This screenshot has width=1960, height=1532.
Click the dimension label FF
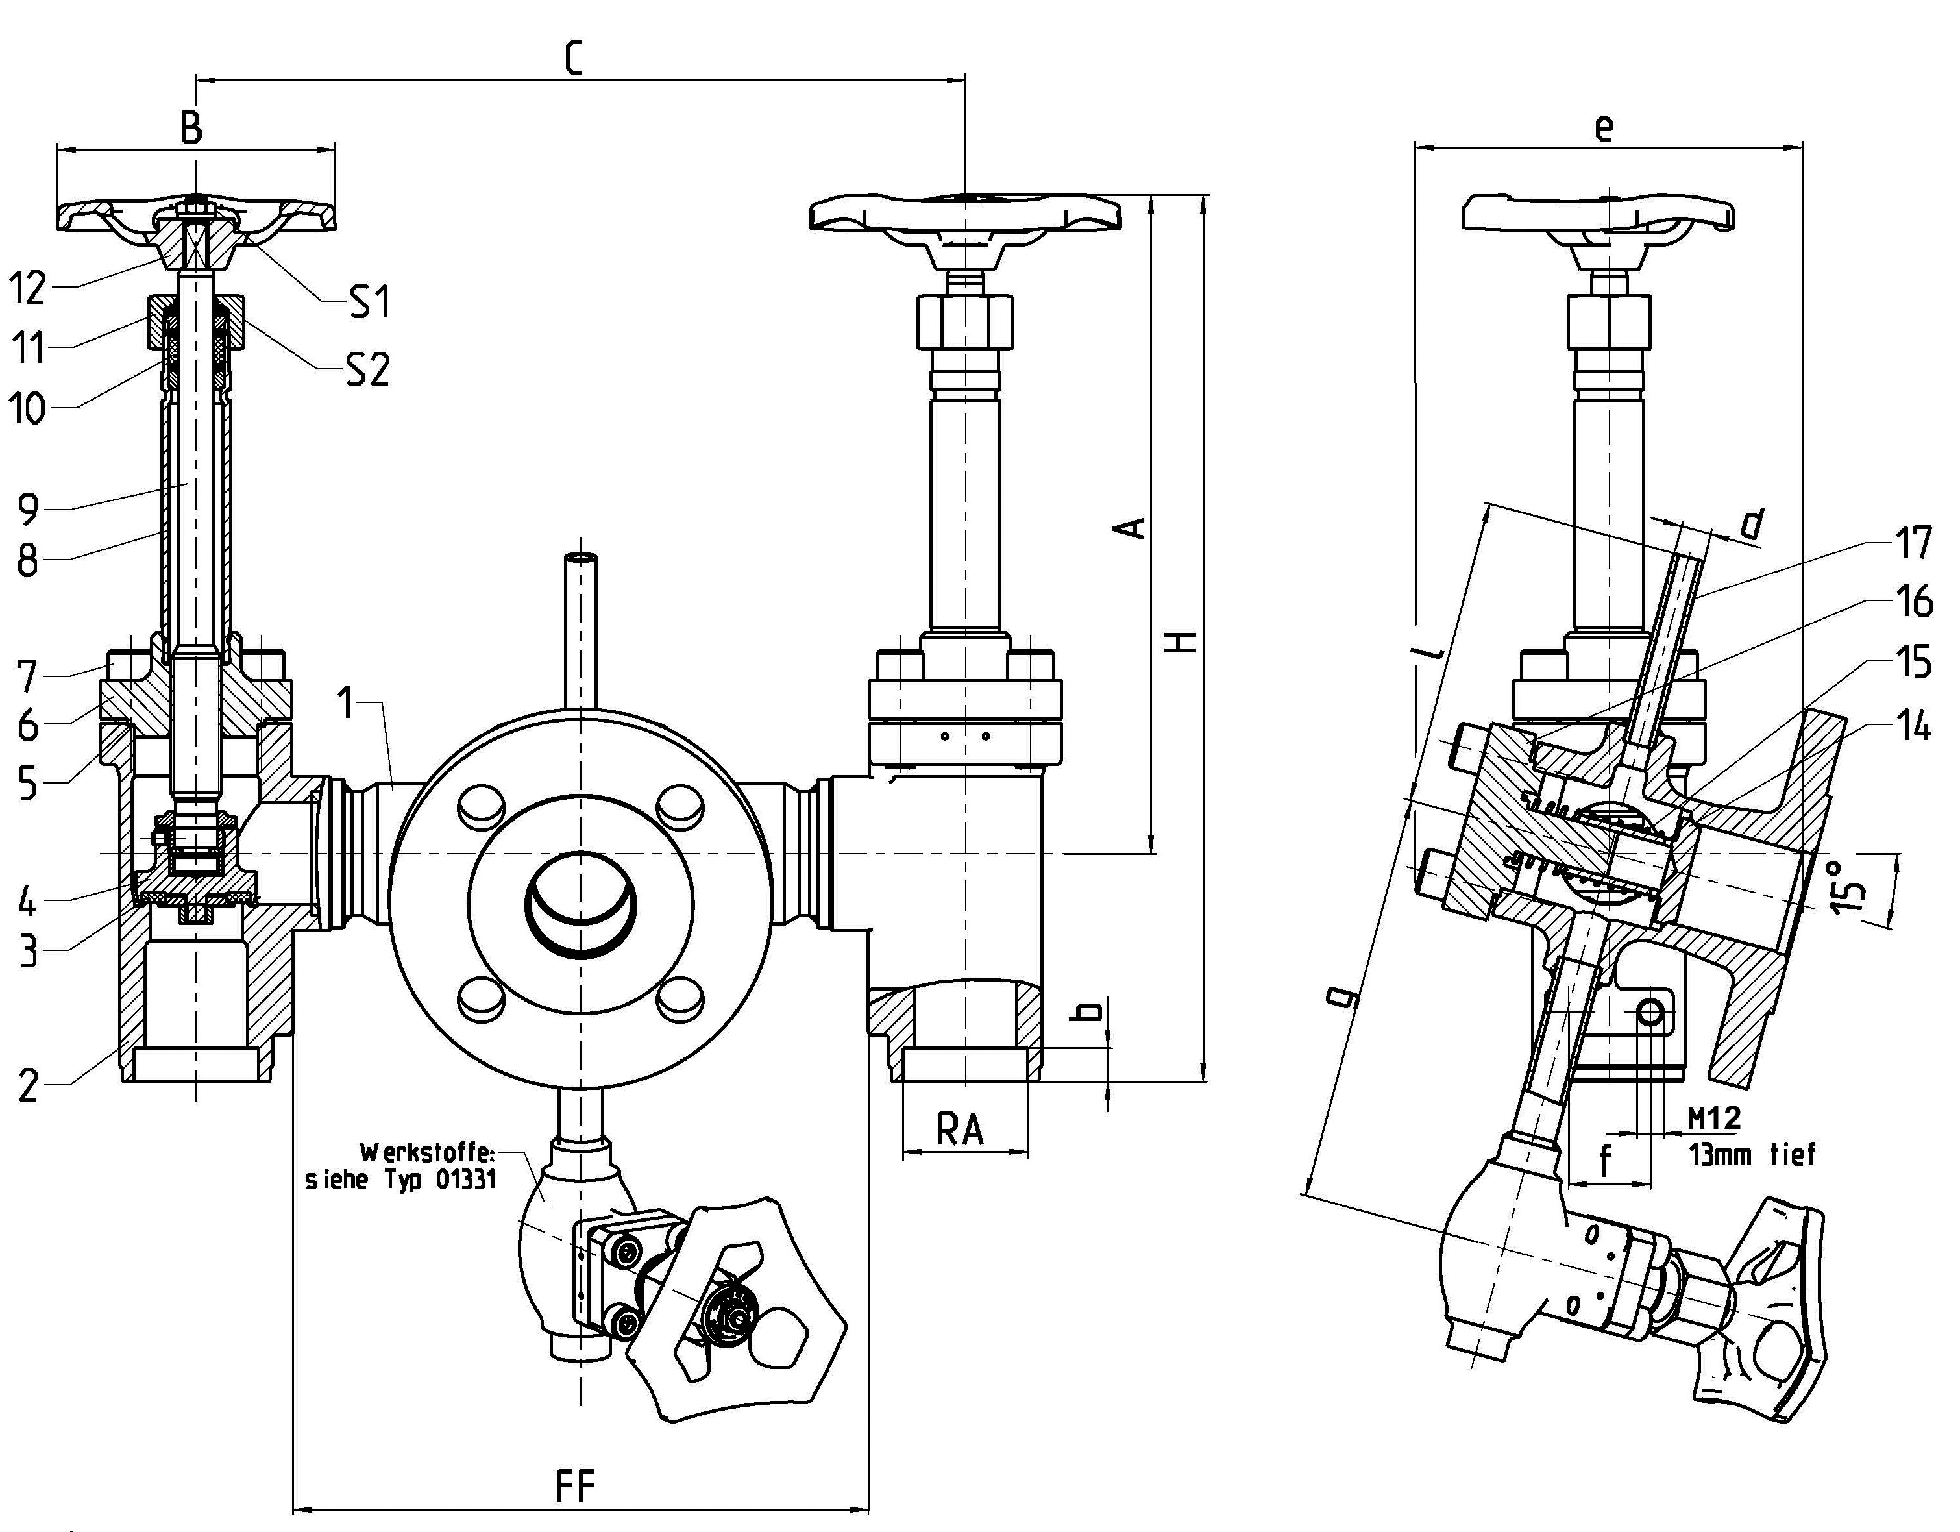[574, 1486]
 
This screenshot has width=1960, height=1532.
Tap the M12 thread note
[1714, 1117]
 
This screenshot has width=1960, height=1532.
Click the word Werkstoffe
[427, 1152]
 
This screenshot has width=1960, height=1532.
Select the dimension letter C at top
[574, 58]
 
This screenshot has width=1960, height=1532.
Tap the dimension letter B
[191, 129]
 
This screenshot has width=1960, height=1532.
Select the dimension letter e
[1604, 129]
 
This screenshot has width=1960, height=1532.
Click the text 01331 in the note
[465, 1180]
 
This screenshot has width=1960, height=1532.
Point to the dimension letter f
[1606, 1161]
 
